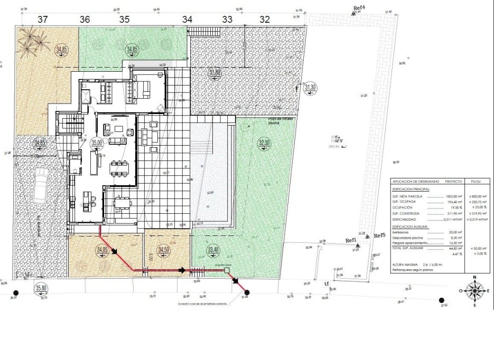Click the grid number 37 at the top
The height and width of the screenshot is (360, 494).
[42, 19]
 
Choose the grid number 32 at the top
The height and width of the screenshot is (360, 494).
[265, 19]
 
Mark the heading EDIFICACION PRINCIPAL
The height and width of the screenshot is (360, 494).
[411, 187]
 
